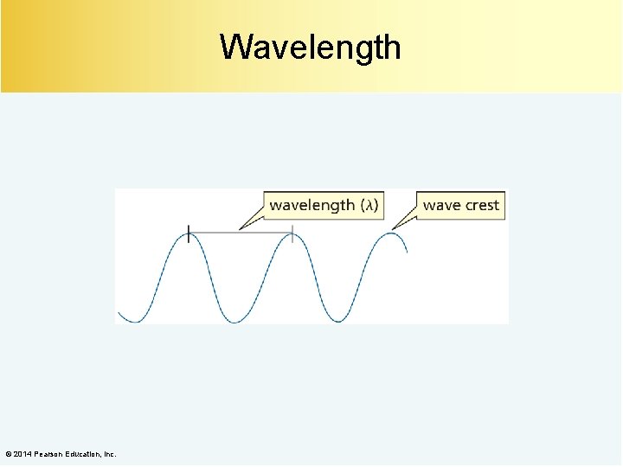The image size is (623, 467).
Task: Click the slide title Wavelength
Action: [x=310, y=47]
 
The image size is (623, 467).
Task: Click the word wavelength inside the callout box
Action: [x=311, y=205]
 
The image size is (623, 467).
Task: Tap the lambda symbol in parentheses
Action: [x=369, y=205]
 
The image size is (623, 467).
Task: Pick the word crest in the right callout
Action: [x=482, y=205]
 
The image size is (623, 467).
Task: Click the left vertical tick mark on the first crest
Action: [x=189, y=233]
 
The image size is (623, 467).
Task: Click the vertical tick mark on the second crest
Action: [x=292, y=233]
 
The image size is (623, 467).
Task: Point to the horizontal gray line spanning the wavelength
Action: [x=241, y=232]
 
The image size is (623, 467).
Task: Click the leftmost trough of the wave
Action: [x=135, y=322]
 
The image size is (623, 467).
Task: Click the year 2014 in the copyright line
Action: [x=24, y=454]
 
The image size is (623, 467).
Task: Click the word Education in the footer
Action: [x=84, y=454]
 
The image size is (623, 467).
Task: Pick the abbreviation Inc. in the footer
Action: [x=110, y=454]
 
